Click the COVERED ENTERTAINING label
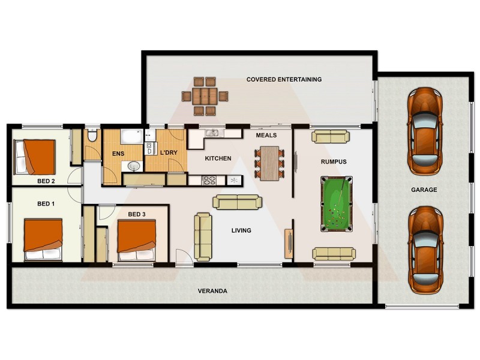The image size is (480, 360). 284,79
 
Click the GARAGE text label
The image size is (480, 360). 424,190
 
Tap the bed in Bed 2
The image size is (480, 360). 35,157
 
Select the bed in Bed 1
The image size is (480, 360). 43,239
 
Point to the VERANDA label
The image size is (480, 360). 212,291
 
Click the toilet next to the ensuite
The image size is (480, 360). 92,136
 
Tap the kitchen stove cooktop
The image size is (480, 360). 210,179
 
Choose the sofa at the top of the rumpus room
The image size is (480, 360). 330,137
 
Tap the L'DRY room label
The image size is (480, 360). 169,153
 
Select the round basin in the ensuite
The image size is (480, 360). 134,166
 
